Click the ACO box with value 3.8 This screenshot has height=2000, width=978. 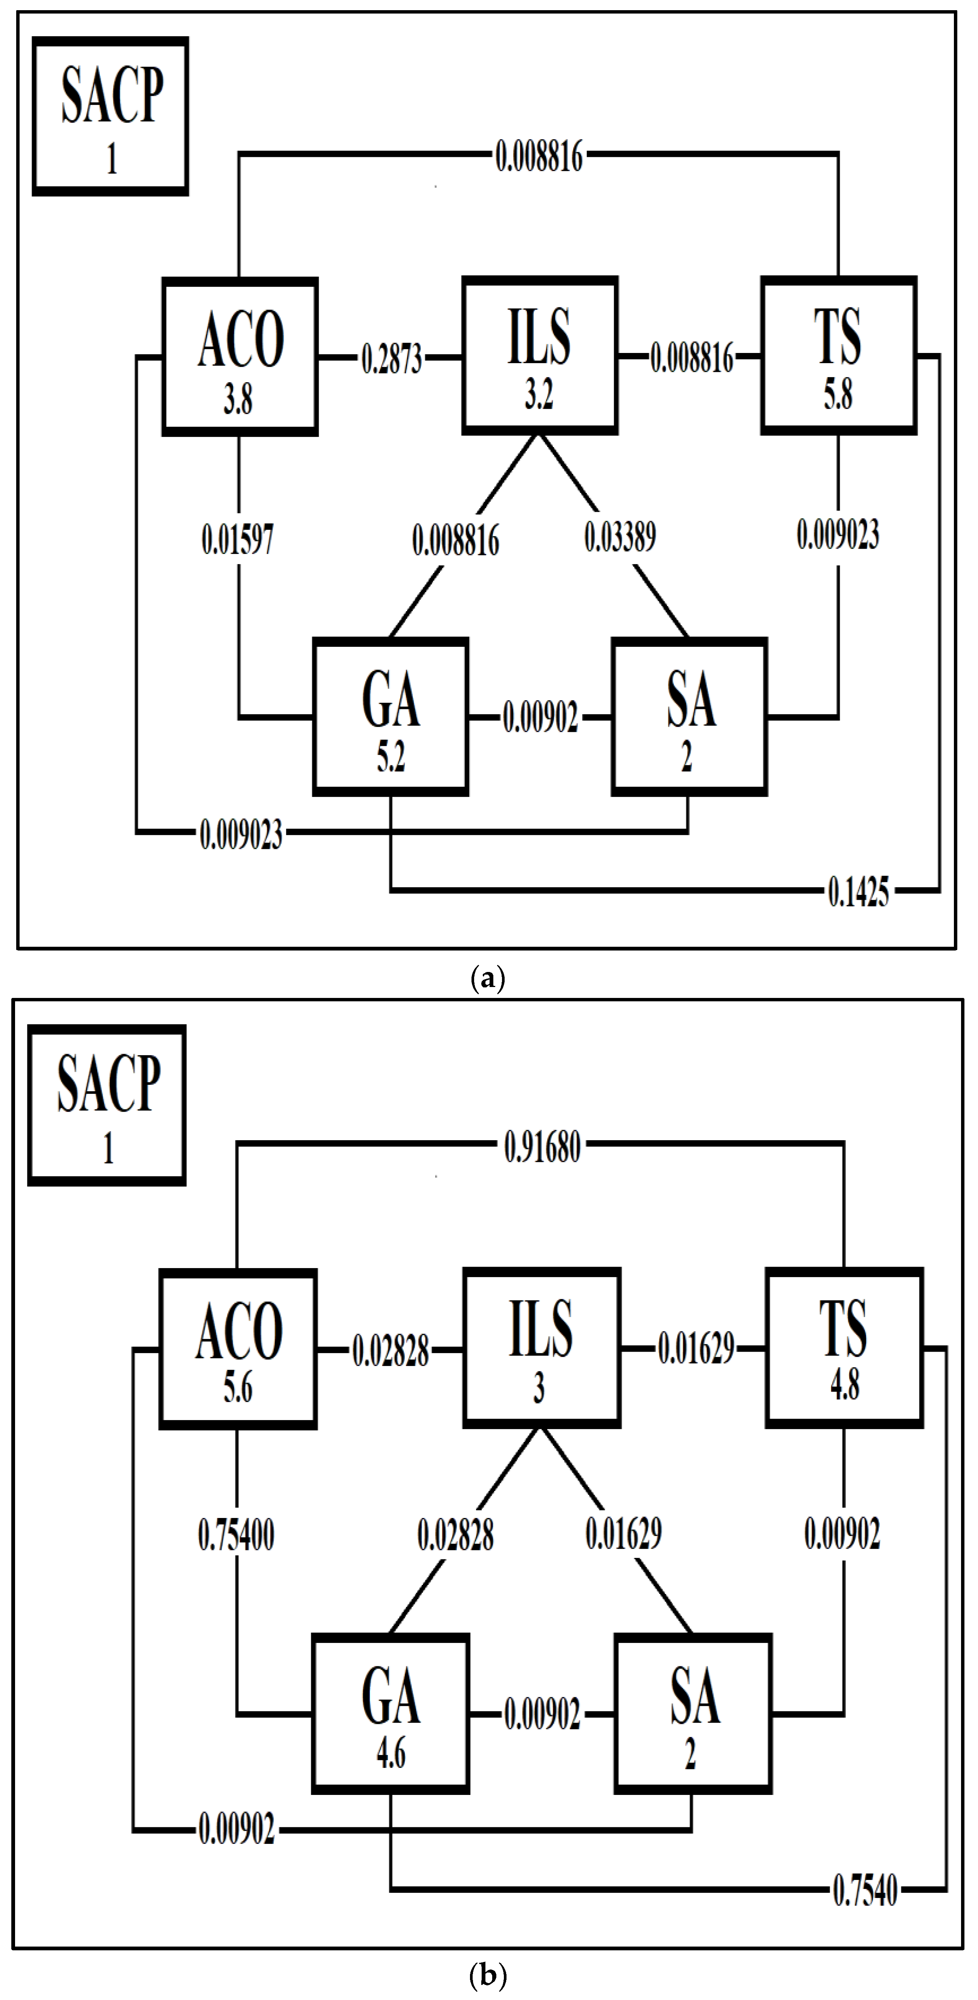(x=239, y=356)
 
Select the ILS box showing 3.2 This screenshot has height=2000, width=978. (x=540, y=355)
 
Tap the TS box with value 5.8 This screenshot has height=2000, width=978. (x=838, y=355)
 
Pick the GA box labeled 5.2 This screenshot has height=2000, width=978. (x=391, y=716)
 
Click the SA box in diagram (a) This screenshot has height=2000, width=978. (x=690, y=716)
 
